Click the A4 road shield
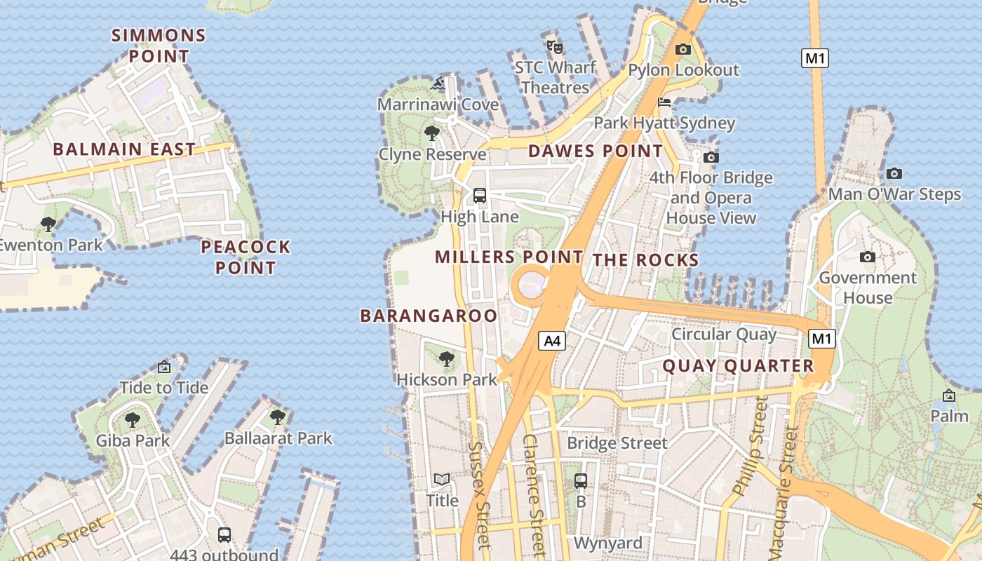pyautogui.click(x=553, y=341)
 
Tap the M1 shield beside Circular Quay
pyautogui.click(x=822, y=339)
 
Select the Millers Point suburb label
pyautogui.click(x=509, y=257)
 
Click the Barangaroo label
pyautogui.click(x=429, y=316)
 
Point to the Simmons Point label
pyautogui.click(x=159, y=46)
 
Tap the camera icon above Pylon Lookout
pyautogui.click(x=682, y=49)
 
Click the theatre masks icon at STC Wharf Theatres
pyautogui.click(x=555, y=47)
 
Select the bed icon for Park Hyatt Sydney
pyautogui.click(x=664, y=102)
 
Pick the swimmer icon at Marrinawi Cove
pyautogui.click(x=438, y=85)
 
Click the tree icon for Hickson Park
pyautogui.click(x=446, y=359)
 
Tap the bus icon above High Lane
pyautogui.click(x=480, y=196)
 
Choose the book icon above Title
pyautogui.click(x=442, y=480)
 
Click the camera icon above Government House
pyautogui.click(x=868, y=257)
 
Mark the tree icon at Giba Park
pyautogui.click(x=133, y=420)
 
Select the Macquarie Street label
pyautogui.click(x=787, y=463)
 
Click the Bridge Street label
pyautogui.click(x=617, y=443)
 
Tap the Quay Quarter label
pyautogui.click(x=738, y=365)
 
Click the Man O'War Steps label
pyautogui.click(x=894, y=194)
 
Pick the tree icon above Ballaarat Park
pyautogui.click(x=278, y=417)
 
